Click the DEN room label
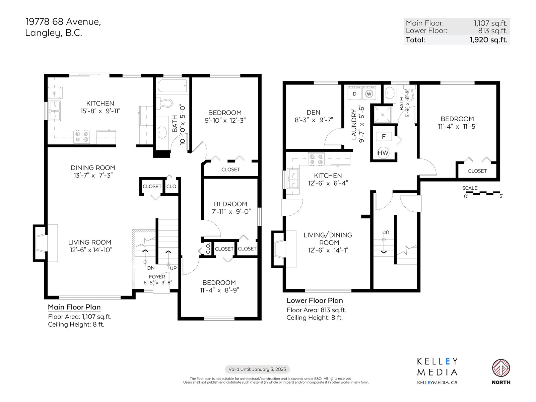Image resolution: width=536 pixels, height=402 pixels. (x=313, y=113)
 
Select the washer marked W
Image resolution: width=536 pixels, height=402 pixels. (x=369, y=93)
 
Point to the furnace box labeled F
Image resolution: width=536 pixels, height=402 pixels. (x=384, y=137)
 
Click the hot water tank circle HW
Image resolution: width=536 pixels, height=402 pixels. (x=383, y=153)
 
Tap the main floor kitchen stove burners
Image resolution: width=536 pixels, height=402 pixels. (x=81, y=137)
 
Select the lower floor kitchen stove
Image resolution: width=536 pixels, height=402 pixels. (x=316, y=159)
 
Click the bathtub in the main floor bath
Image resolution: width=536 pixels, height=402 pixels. (x=173, y=86)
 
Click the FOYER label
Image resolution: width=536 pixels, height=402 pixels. (x=157, y=277)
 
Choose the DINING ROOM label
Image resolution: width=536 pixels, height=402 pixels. (x=93, y=168)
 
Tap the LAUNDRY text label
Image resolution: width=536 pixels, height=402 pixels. (x=354, y=125)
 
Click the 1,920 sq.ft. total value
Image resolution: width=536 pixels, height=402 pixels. (x=489, y=40)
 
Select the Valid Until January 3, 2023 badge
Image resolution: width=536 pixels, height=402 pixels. (x=257, y=369)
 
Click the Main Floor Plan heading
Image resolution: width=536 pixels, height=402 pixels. (x=74, y=307)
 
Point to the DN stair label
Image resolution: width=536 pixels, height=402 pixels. (x=151, y=268)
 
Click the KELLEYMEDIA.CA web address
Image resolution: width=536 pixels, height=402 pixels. (x=437, y=383)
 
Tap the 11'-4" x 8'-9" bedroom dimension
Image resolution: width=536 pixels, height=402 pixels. (x=219, y=290)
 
